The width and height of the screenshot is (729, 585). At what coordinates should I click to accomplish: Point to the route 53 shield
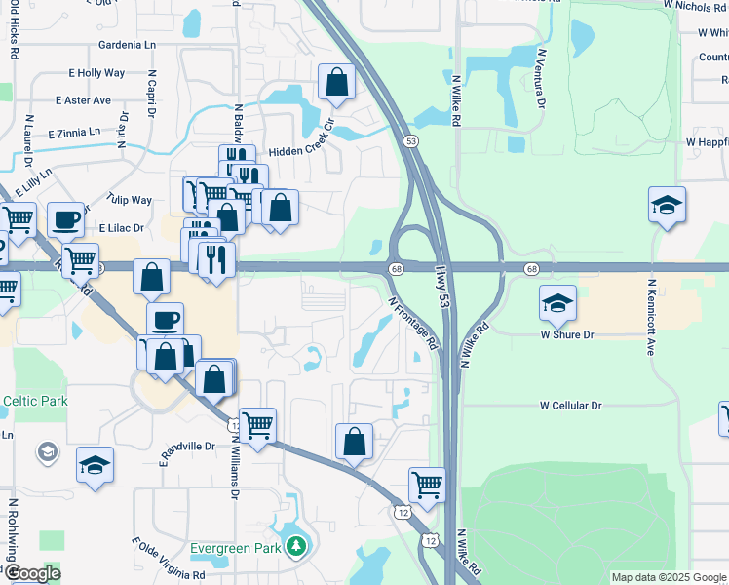[x=412, y=141]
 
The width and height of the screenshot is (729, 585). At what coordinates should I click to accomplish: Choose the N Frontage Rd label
[x=414, y=324]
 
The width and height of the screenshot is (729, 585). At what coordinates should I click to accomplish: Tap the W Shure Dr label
[x=567, y=334]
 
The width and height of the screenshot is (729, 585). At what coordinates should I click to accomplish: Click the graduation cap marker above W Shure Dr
[x=557, y=303]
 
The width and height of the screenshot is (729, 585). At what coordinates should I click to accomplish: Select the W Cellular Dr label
[x=571, y=405]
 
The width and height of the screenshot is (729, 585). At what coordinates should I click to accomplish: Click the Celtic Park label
[x=35, y=401]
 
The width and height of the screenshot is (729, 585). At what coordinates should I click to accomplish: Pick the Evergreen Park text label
[x=236, y=547]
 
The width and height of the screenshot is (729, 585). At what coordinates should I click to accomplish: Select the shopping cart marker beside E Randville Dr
[x=257, y=425]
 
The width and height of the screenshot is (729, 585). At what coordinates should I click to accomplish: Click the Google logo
[x=31, y=572]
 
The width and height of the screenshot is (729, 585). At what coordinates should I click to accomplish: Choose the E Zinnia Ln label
[x=62, y=132]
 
